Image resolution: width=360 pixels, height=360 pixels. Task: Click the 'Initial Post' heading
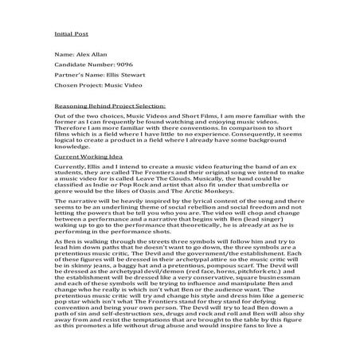point(69,35)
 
